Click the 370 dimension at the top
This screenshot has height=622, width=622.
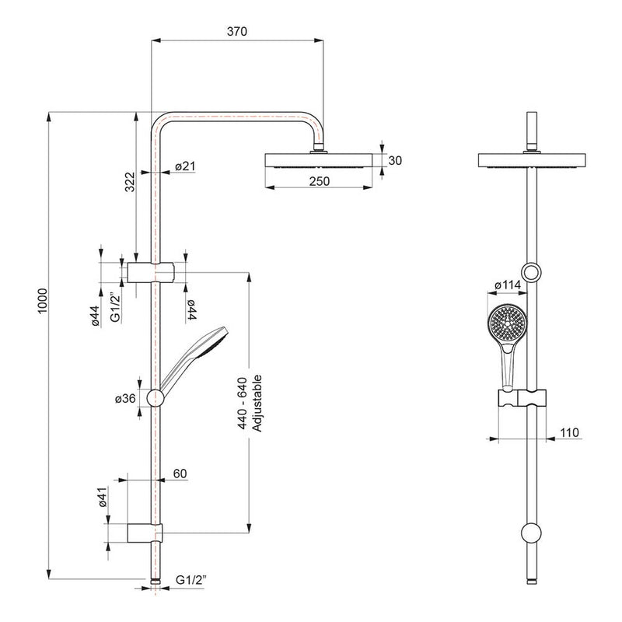click(x=236, y=32)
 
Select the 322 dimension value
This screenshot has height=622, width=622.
click(x=131, y=181)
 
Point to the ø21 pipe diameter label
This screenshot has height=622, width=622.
click(x=185, y=166)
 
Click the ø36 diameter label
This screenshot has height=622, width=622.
click(x=126, y=398)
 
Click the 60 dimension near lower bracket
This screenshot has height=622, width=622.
click(x=180, y=473)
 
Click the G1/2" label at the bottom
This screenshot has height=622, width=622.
click(x=191, y=580)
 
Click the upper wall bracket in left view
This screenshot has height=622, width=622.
click(x=151, y=272)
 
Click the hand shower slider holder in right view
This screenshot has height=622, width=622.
click(x=520, y=400)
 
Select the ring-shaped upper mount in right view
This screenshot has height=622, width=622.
click(x=532, y=271)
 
